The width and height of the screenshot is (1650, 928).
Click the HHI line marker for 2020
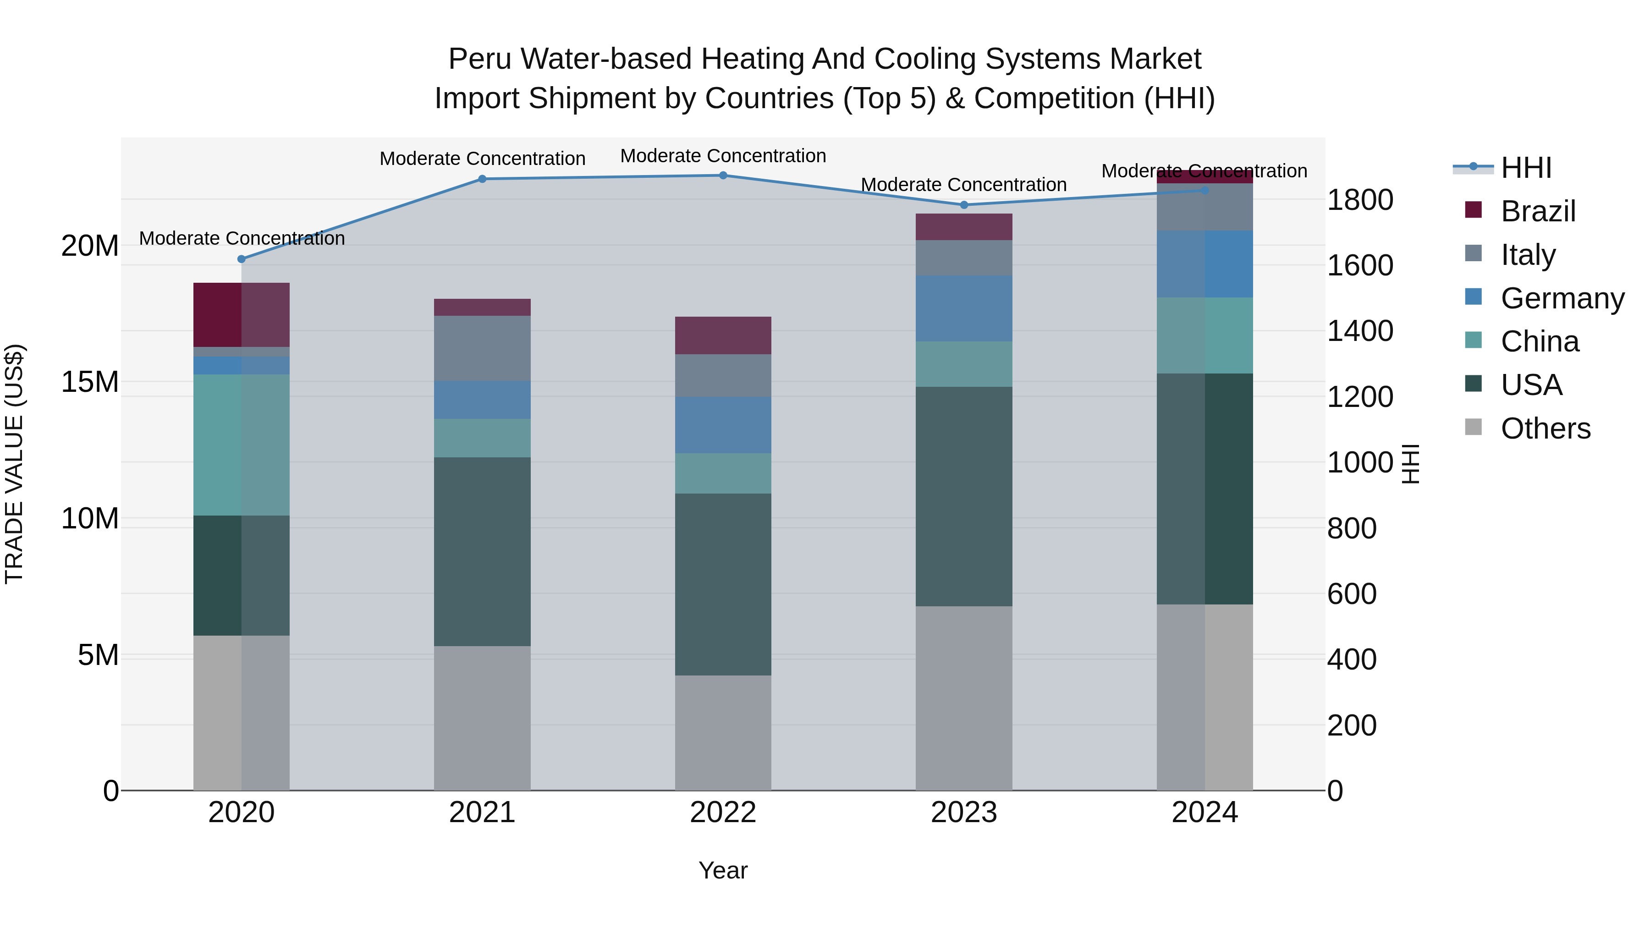point(242,259)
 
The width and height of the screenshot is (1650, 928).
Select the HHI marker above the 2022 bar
point(723,176)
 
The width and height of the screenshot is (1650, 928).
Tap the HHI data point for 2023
point(964,205)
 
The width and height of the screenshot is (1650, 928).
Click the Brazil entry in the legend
point(1538,211)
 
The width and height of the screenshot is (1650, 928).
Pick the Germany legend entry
point(1562,298)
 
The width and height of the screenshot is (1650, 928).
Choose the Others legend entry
point(1545,428)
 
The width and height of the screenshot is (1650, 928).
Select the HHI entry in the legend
point(1526,168)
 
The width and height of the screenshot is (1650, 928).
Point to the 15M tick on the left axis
point(90,382)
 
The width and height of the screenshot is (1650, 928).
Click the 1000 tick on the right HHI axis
point(1359,462)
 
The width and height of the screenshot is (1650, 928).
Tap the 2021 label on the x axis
point(482,813)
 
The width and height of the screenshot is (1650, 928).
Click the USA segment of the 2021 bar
point(482,551)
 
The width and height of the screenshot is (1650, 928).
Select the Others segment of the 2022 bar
point(723,733)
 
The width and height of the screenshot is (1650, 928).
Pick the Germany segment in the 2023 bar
point(964,309)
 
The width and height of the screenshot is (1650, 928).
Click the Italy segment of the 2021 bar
point(482,348)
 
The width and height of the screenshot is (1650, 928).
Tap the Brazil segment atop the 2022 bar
point(723,335)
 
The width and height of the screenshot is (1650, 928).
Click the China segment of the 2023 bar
point(964,364)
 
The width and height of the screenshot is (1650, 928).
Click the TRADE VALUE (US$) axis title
point(14,464)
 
